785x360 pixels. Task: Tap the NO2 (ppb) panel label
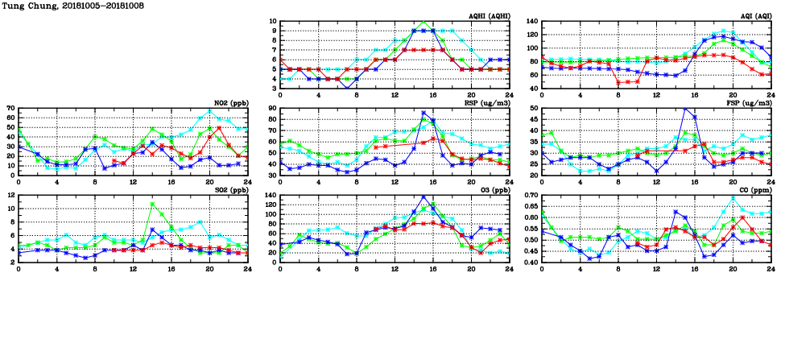tap(230, 102)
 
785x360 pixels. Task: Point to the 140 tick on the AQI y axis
tap(531, 22)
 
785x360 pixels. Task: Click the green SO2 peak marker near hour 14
tap(152, 205)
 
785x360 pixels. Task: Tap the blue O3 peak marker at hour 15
tap(423, 197)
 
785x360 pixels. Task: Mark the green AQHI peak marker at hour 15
tap(423, 23)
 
